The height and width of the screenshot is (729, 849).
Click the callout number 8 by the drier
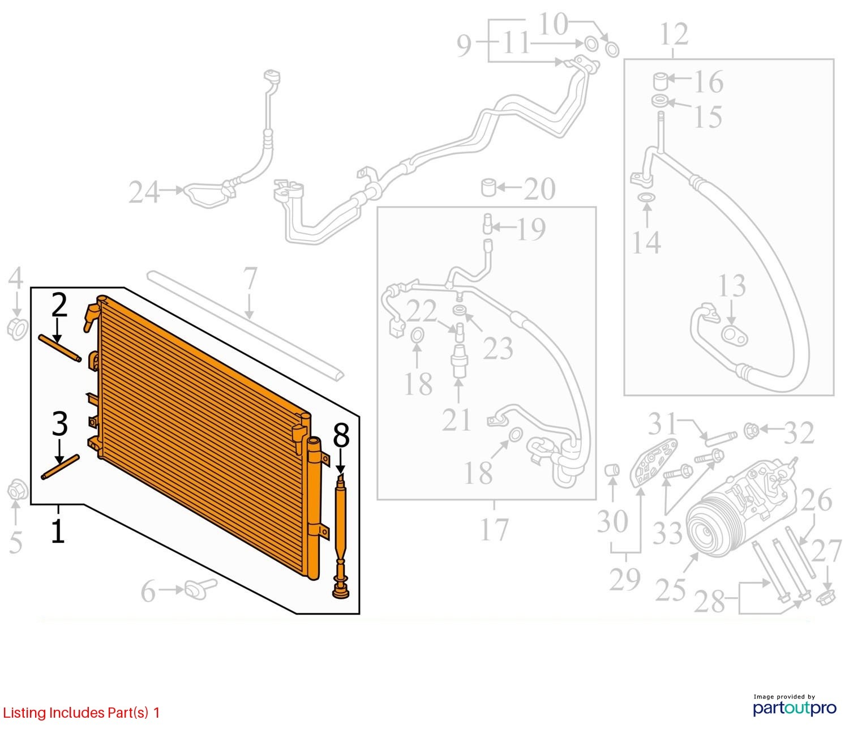(341, 437)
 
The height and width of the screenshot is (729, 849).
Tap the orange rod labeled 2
(60, 348)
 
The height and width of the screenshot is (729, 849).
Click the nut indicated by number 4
(18, 329)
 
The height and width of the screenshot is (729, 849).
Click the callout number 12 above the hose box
(674, 35)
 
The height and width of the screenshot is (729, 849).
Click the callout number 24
(144, 192)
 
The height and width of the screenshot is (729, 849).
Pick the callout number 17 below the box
(494, 530)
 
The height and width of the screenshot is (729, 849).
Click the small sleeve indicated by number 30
(612, 470)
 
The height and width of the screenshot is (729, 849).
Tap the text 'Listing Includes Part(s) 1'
(82, 713)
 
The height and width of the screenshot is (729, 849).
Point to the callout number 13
(731, 287)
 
